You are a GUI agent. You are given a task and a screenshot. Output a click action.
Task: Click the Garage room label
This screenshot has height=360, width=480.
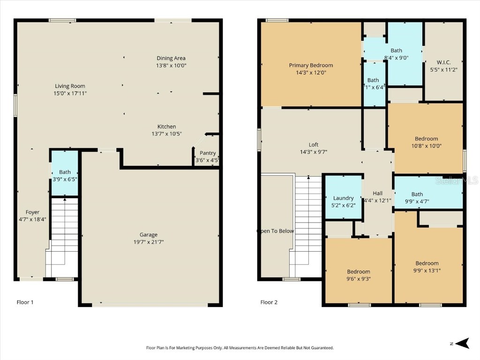click(x=149, y=235)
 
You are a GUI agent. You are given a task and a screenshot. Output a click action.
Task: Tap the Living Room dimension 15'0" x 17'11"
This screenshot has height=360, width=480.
click(x=70, y=93)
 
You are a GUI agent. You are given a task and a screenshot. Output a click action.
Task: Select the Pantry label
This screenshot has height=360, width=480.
click(x=208, y=153)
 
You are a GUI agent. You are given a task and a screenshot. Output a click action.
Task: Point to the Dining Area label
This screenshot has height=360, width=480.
click(x=171, y=58)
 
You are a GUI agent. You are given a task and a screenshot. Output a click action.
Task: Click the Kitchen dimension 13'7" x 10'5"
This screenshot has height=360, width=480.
click(x=166, y=134)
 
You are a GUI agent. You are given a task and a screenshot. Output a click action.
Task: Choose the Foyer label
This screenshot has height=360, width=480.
click(x=32, y=212)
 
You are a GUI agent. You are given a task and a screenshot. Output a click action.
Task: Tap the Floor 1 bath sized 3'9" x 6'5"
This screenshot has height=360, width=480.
click(x=65, y=175)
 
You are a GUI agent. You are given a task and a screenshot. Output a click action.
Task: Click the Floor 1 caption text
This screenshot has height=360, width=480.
click(x=25, y=302)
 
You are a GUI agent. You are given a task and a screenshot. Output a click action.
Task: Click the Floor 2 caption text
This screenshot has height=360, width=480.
click(x=269, y=302)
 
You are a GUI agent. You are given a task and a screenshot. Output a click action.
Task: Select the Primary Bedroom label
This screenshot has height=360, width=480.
click(x=311, y=65)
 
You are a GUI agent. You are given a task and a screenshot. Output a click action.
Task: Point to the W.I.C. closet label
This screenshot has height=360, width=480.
click(x=443, y=62)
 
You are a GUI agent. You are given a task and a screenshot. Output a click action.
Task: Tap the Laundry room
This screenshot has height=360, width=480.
click(x=344, y=198)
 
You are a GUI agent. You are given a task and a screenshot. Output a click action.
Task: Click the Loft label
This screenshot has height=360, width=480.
click(x=313, y=145)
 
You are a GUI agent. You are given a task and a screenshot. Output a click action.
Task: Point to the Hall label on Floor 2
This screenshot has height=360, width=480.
click(x=377, y=193)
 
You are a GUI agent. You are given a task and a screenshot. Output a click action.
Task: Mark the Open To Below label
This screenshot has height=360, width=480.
click(x=276, y=231)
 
